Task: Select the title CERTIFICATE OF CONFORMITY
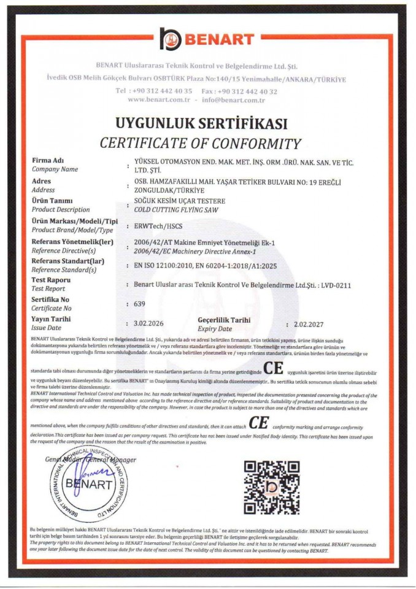[201, 144]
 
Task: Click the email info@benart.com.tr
[233, 99]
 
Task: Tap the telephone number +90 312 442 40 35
[153, 90]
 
